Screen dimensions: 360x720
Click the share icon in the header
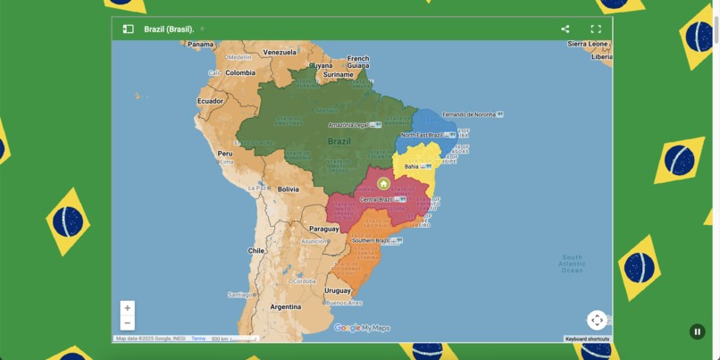pos(565,29)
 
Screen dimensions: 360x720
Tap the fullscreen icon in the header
pos(596,29)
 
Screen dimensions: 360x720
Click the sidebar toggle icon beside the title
pos(128,29)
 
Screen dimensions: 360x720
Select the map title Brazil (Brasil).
pos(169,29)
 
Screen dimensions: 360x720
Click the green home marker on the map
pos(383,184)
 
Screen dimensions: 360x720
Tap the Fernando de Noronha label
pos(468,114)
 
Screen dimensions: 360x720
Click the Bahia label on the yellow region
pos(412,166)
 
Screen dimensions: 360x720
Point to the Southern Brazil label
pos(371,240)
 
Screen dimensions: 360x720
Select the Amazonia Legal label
pos(348,125)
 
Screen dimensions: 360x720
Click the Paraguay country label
pos(324,229)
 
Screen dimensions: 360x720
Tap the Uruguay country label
pos(338,290)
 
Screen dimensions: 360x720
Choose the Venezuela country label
pos(280,52)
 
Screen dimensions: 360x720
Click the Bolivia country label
pos(288,189)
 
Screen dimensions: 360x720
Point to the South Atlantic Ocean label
pos(572,264)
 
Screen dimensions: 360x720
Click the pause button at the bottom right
pos(698,331)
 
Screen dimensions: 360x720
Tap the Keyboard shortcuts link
pos(587,339)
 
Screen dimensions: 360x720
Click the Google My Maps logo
pos(362,328)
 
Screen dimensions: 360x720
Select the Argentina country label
pos(286,306)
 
